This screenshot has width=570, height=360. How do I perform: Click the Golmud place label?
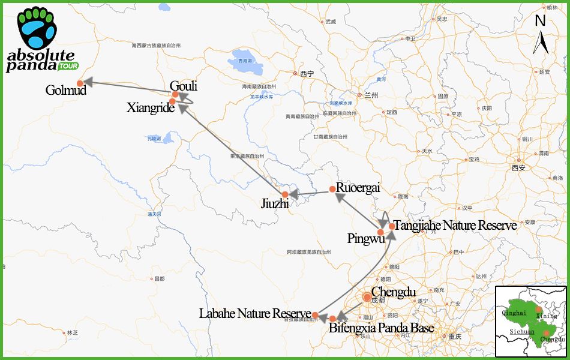tap(66, 91)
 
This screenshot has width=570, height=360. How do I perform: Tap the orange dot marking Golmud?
tap(80, 83)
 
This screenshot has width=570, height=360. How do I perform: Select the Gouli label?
tap(184, 86)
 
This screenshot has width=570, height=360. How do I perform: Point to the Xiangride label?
tap(151, 108)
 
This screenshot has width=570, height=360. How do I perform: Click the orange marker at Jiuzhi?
tap(286, 194)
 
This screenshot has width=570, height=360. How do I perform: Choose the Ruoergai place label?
tap(358, 187)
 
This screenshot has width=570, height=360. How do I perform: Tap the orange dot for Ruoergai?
tap(332, 189)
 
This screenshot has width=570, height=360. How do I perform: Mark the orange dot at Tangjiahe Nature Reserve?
tap(392, 226)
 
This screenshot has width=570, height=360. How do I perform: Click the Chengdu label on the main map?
tap(394, 292)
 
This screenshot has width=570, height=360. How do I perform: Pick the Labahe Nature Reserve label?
tap(255, 314)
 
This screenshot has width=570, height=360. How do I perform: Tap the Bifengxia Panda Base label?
tap(381, 328)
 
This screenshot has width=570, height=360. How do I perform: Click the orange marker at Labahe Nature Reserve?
tap(315, 314)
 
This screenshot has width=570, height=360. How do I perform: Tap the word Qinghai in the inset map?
tap(515, 313)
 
